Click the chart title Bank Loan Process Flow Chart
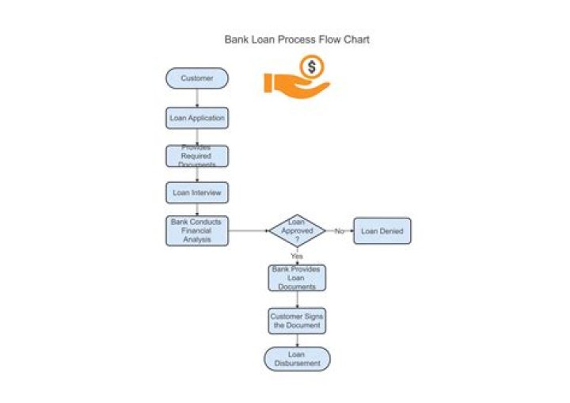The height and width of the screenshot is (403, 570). tap(296, 39)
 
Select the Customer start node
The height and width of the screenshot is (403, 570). tap(196, 78)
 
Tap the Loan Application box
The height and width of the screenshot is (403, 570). tap(196, 118)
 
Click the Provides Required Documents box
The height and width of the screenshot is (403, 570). tap(196, 156)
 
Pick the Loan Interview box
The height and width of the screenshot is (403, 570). tap(196, 192)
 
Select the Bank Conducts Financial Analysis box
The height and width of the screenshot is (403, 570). tap(196, 230)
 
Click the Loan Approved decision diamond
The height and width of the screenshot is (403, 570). tap(297, 230)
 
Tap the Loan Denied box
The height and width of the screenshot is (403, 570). tap(382, 231)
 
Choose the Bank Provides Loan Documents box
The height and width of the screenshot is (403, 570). tap(297, 278)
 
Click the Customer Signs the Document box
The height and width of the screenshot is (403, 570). tap(297, 321)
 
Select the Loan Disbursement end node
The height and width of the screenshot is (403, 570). tap(297, 359)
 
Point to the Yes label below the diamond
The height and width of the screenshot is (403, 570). tap(297, 256)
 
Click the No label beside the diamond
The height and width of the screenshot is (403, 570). tap(339, 231)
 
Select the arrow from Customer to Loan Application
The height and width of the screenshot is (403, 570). tap(196, 98)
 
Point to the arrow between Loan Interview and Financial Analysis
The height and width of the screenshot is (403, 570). tap(196, 210)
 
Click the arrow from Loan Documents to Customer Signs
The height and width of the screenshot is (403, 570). tap(297, 299)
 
